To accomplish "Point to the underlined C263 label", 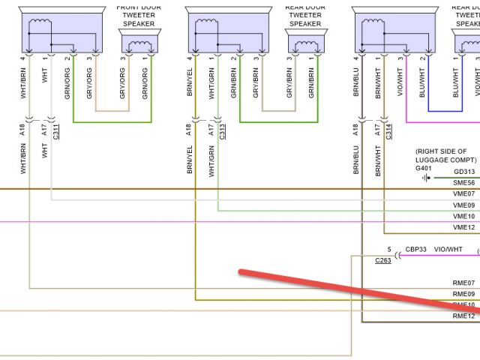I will (x=382, y=261).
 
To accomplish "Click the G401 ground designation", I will (x=424, y=169).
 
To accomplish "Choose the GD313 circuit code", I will (x=464, y=172).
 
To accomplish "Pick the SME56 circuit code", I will (x=464, y=183).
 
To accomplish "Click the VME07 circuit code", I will (x=464, y=194).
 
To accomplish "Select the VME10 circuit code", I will (x=464, y=216).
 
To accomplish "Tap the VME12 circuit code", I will (x=464, y=227).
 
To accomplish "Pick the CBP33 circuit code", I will (x=416, y=249).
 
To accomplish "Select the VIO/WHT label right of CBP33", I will (x=449, y=249).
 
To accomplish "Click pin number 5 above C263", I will (x=388, y=249).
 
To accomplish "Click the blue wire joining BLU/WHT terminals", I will (x=442, y=110).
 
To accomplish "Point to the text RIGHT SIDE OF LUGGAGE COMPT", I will (x=446, y=155).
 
